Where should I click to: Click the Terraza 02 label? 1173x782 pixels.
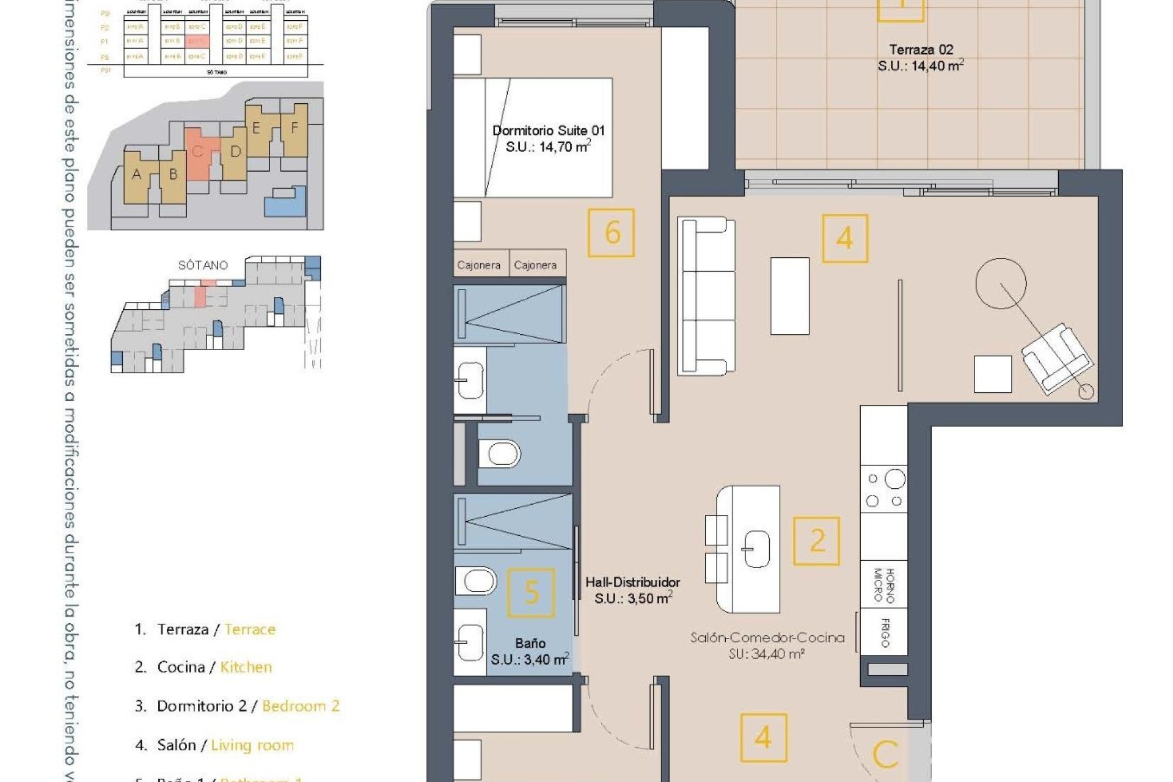[x=921, y=49]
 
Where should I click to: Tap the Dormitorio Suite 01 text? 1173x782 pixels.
[x=548, y=130]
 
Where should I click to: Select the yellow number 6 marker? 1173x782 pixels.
[x=612, y=233]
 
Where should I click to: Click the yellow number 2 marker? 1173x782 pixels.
[x=817, y=541]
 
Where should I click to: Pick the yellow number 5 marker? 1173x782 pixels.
[x=532, y=592]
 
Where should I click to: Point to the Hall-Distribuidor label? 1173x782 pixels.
[x=632, y=582]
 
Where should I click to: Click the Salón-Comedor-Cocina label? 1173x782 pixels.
[x=767, y=638]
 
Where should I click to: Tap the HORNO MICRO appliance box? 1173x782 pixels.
[x=883, y=585]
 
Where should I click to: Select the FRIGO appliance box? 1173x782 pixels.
[x=884, y=632]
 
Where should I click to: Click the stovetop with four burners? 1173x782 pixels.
[x=884, y=489]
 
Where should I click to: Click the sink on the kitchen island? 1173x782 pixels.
[x=756, y=548]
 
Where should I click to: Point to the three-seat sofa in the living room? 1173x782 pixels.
[x=707, y=295]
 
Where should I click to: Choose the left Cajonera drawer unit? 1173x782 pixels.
[x=480, y=265]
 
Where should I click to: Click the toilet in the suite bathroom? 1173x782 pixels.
[x=499, y=454]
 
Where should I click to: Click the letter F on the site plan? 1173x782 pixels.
[x=294, y=128]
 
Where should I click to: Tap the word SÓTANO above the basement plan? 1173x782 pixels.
[x=203, y=265]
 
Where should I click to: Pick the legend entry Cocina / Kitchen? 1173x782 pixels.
[x=203, y=667]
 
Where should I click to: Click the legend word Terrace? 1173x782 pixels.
[x=250, y=629]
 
